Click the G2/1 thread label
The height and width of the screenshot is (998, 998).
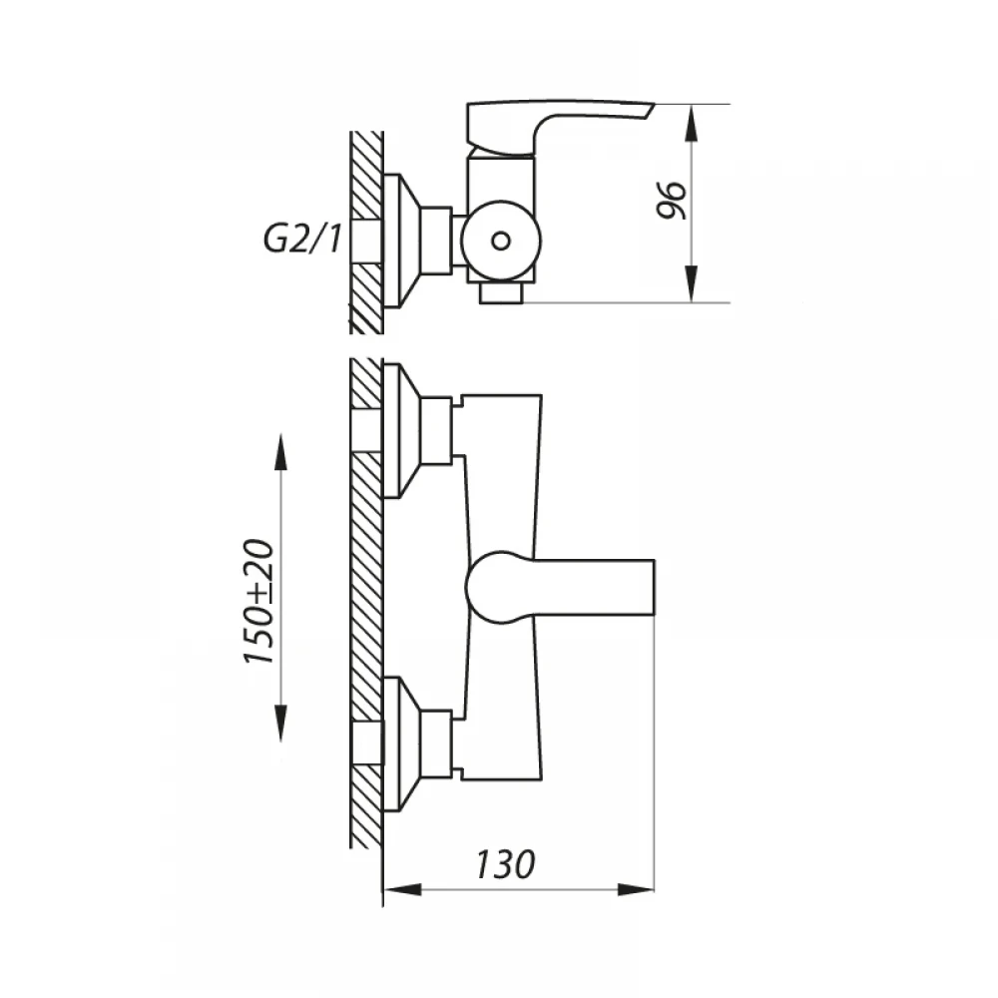pos(301,240)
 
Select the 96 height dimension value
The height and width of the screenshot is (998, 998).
pos(672,201)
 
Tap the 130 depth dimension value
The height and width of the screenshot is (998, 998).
pos(505,864)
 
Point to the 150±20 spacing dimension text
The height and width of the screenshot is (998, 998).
pos(259,602)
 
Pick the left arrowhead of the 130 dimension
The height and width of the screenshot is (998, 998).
pos(403,889)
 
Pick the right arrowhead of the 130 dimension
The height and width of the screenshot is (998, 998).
pos(636,889)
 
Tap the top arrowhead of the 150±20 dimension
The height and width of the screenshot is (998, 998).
pos(280,452)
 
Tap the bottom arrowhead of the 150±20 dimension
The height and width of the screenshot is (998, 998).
pos(280,724)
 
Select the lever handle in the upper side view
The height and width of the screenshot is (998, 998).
pos(547,127)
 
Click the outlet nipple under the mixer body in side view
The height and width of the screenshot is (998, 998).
pos(501,292)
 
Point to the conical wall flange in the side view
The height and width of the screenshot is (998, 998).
pos(401,241)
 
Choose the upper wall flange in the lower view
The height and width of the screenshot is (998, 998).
pos(401,430)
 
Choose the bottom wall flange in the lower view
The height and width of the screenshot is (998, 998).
pos(401,745)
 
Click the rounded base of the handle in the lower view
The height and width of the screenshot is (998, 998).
pos(492,587)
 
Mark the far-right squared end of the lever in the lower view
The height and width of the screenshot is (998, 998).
pos(653,588)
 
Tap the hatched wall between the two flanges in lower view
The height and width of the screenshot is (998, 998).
pos(366,586)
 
